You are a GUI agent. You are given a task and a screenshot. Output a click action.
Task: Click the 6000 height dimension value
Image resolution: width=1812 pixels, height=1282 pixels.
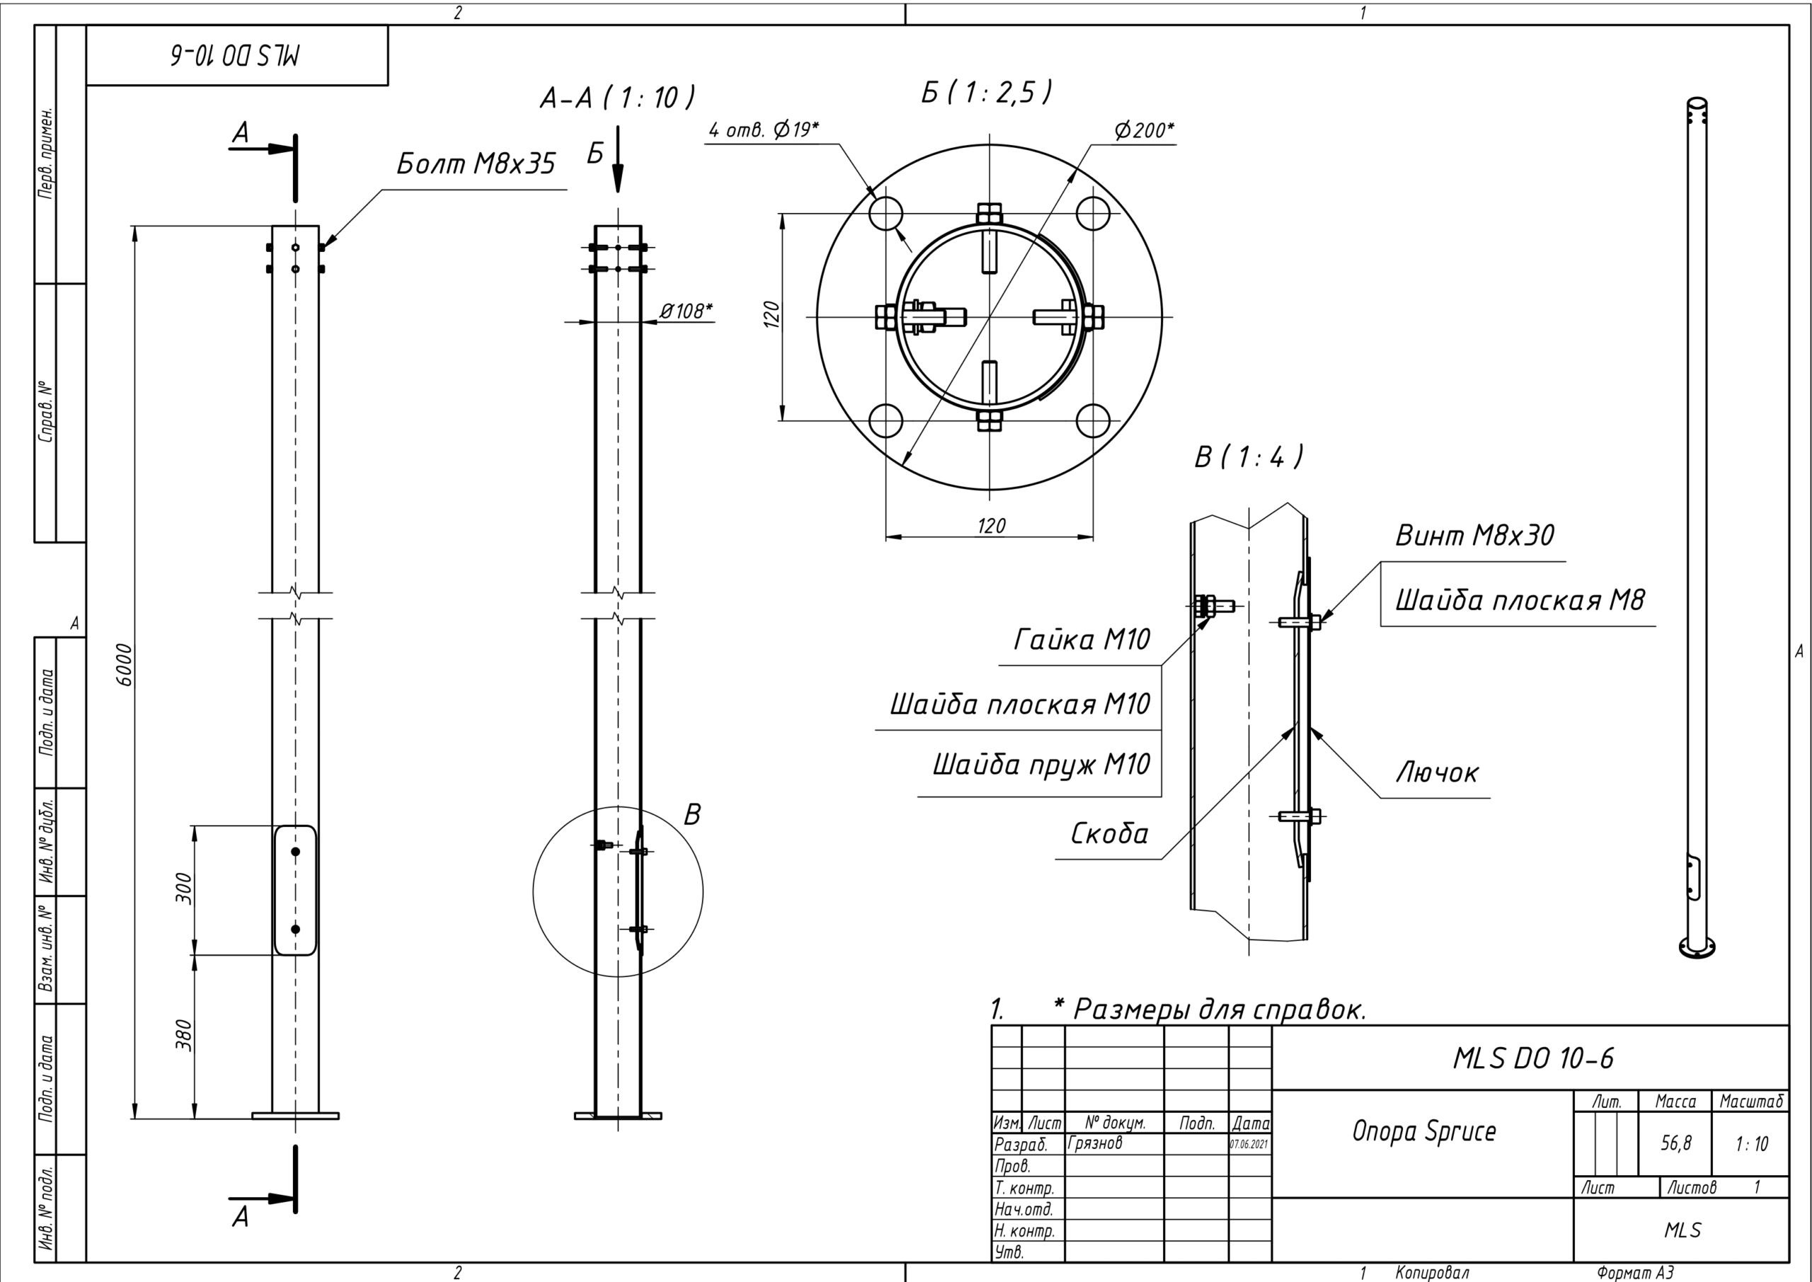tap(124, 665)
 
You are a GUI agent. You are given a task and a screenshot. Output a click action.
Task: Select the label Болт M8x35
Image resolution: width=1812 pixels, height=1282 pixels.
tap(476, 164)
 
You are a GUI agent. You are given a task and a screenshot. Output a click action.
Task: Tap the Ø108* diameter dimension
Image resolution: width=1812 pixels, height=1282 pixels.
tap(685, 311)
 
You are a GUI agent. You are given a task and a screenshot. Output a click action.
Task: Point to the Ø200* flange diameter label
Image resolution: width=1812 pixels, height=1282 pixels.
tap(1144, 130)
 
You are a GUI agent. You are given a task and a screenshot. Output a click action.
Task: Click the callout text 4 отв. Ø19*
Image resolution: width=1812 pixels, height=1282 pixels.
tap(763, 130)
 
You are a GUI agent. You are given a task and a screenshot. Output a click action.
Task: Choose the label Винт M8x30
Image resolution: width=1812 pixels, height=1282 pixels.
tap(1474, 536)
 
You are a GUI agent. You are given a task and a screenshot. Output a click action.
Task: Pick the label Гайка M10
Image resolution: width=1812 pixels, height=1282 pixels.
tap(1082, 639)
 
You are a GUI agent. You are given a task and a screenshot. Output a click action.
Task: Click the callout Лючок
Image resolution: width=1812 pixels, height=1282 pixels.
tap(1437, 773)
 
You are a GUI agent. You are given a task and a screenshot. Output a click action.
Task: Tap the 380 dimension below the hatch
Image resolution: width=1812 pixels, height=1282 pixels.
tap(183, 1035)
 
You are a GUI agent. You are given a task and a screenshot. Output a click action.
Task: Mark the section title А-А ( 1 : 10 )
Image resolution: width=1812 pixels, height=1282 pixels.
tap(617, 98)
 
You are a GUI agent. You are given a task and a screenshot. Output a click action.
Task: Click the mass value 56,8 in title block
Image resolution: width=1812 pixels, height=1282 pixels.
tap(1675, 1143)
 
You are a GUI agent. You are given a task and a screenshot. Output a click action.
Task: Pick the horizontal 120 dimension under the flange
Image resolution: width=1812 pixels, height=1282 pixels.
tap(991, 526)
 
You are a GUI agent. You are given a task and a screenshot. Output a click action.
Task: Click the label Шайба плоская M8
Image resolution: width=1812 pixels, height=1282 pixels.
tap(1519, 601)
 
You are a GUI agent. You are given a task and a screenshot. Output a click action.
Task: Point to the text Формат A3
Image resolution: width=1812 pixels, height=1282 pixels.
tap(1634, 1273)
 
